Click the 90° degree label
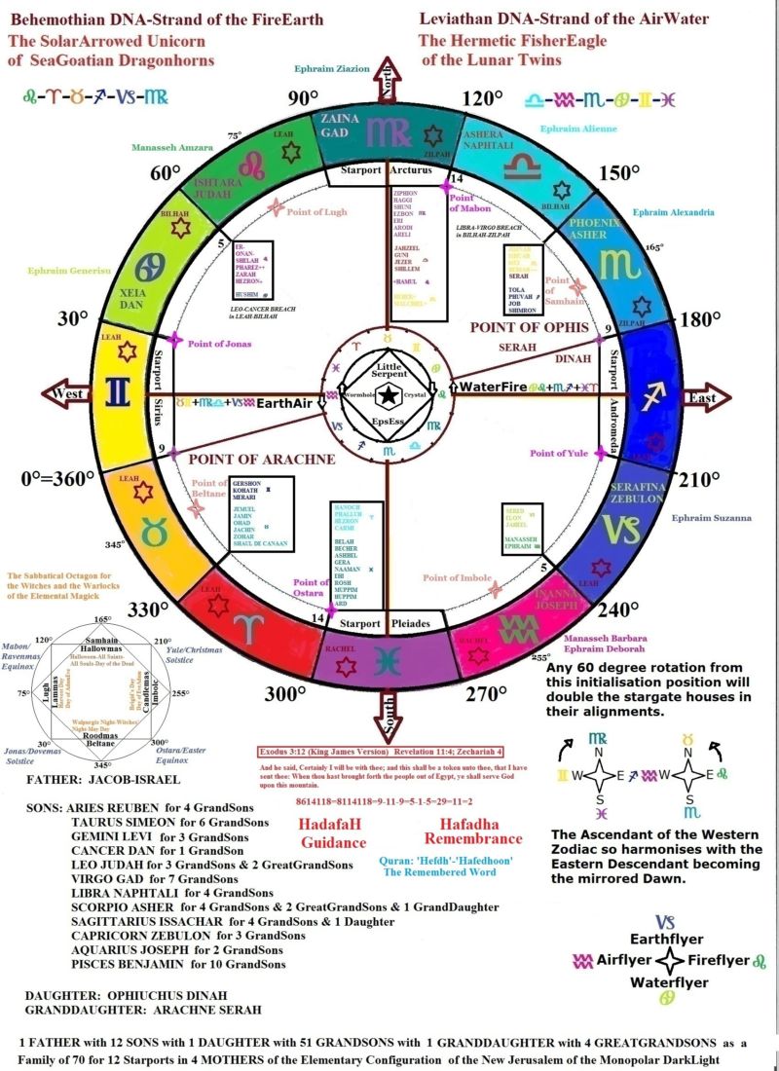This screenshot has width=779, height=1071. (303, 98)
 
